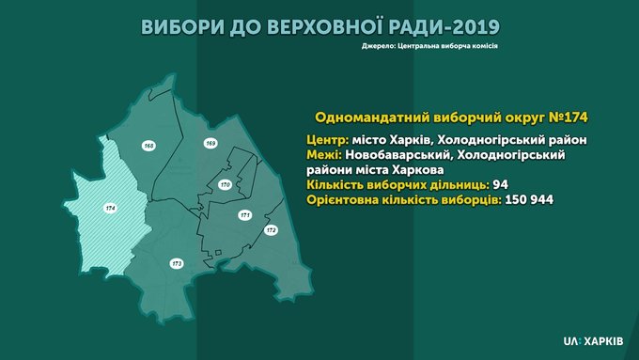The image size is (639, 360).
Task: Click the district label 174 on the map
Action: coord(111,209)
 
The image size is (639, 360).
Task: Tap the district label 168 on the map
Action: coord(149,146)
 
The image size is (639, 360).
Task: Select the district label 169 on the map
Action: coord(210,143)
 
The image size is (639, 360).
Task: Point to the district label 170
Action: coord(225,184)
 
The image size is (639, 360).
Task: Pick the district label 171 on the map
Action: coord(245,215)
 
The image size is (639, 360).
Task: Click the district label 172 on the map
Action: coord(271,230)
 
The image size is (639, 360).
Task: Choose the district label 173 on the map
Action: coord(177,264)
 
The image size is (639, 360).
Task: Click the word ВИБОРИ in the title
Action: coord(182,27)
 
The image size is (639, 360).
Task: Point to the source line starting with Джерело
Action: coord(429,46)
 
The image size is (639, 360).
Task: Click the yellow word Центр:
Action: coord(328,140)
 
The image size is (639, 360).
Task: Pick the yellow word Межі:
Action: coord(324,155)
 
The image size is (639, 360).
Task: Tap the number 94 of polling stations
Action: coord(501,184)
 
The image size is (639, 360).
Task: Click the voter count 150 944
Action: coord(529,200)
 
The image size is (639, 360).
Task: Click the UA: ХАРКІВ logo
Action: coord(593,341)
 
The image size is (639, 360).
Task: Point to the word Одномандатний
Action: coord(371,117)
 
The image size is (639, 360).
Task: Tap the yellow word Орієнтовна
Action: coord(341,200)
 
